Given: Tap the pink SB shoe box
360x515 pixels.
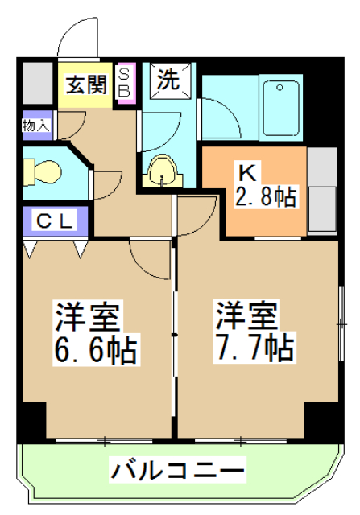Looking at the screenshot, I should (x=125, y=82).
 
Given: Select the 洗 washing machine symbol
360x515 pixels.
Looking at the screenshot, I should (x=170, y=80).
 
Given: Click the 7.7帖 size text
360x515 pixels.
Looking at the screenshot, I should (x=254, y=348).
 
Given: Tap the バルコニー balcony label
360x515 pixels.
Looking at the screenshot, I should (x=177, y=469).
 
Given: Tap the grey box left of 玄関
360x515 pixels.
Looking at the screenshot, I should (x=37, y=81).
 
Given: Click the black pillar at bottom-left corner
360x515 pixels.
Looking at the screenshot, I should (x=33, y=419).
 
